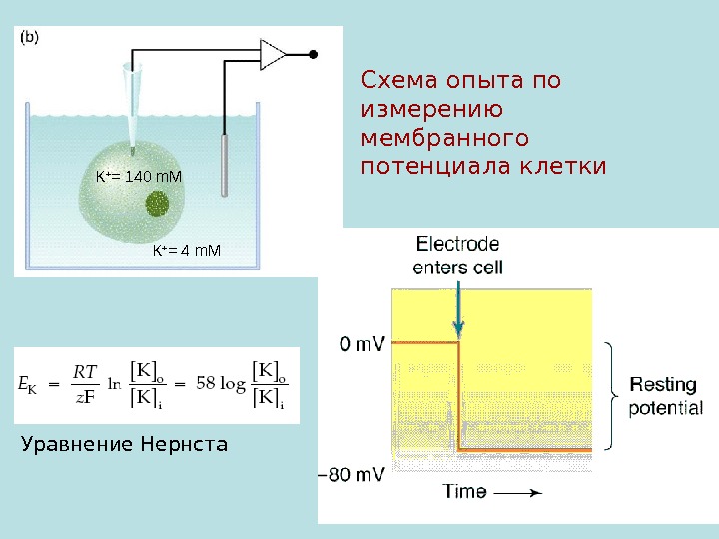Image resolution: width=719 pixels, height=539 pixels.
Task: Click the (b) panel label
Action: coord(30,38)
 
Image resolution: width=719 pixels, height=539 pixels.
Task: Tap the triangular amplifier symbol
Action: coord(272,53)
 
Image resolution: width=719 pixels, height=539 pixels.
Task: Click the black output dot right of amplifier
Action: coord(314,53)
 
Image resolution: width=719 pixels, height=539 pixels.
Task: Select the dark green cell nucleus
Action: coord(158,205)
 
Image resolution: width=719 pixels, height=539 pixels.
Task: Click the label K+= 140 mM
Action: coord(139,177)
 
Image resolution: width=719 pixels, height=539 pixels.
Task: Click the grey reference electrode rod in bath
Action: coord(228,160)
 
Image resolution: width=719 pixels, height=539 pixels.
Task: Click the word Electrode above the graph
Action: coord(457,244)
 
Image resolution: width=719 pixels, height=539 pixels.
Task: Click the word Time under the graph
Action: coord(465,492)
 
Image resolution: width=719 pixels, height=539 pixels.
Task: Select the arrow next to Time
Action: coord(519,492)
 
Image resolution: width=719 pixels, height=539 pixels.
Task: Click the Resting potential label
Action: coord(665,395)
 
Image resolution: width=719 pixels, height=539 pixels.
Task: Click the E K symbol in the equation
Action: coord(29,383)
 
